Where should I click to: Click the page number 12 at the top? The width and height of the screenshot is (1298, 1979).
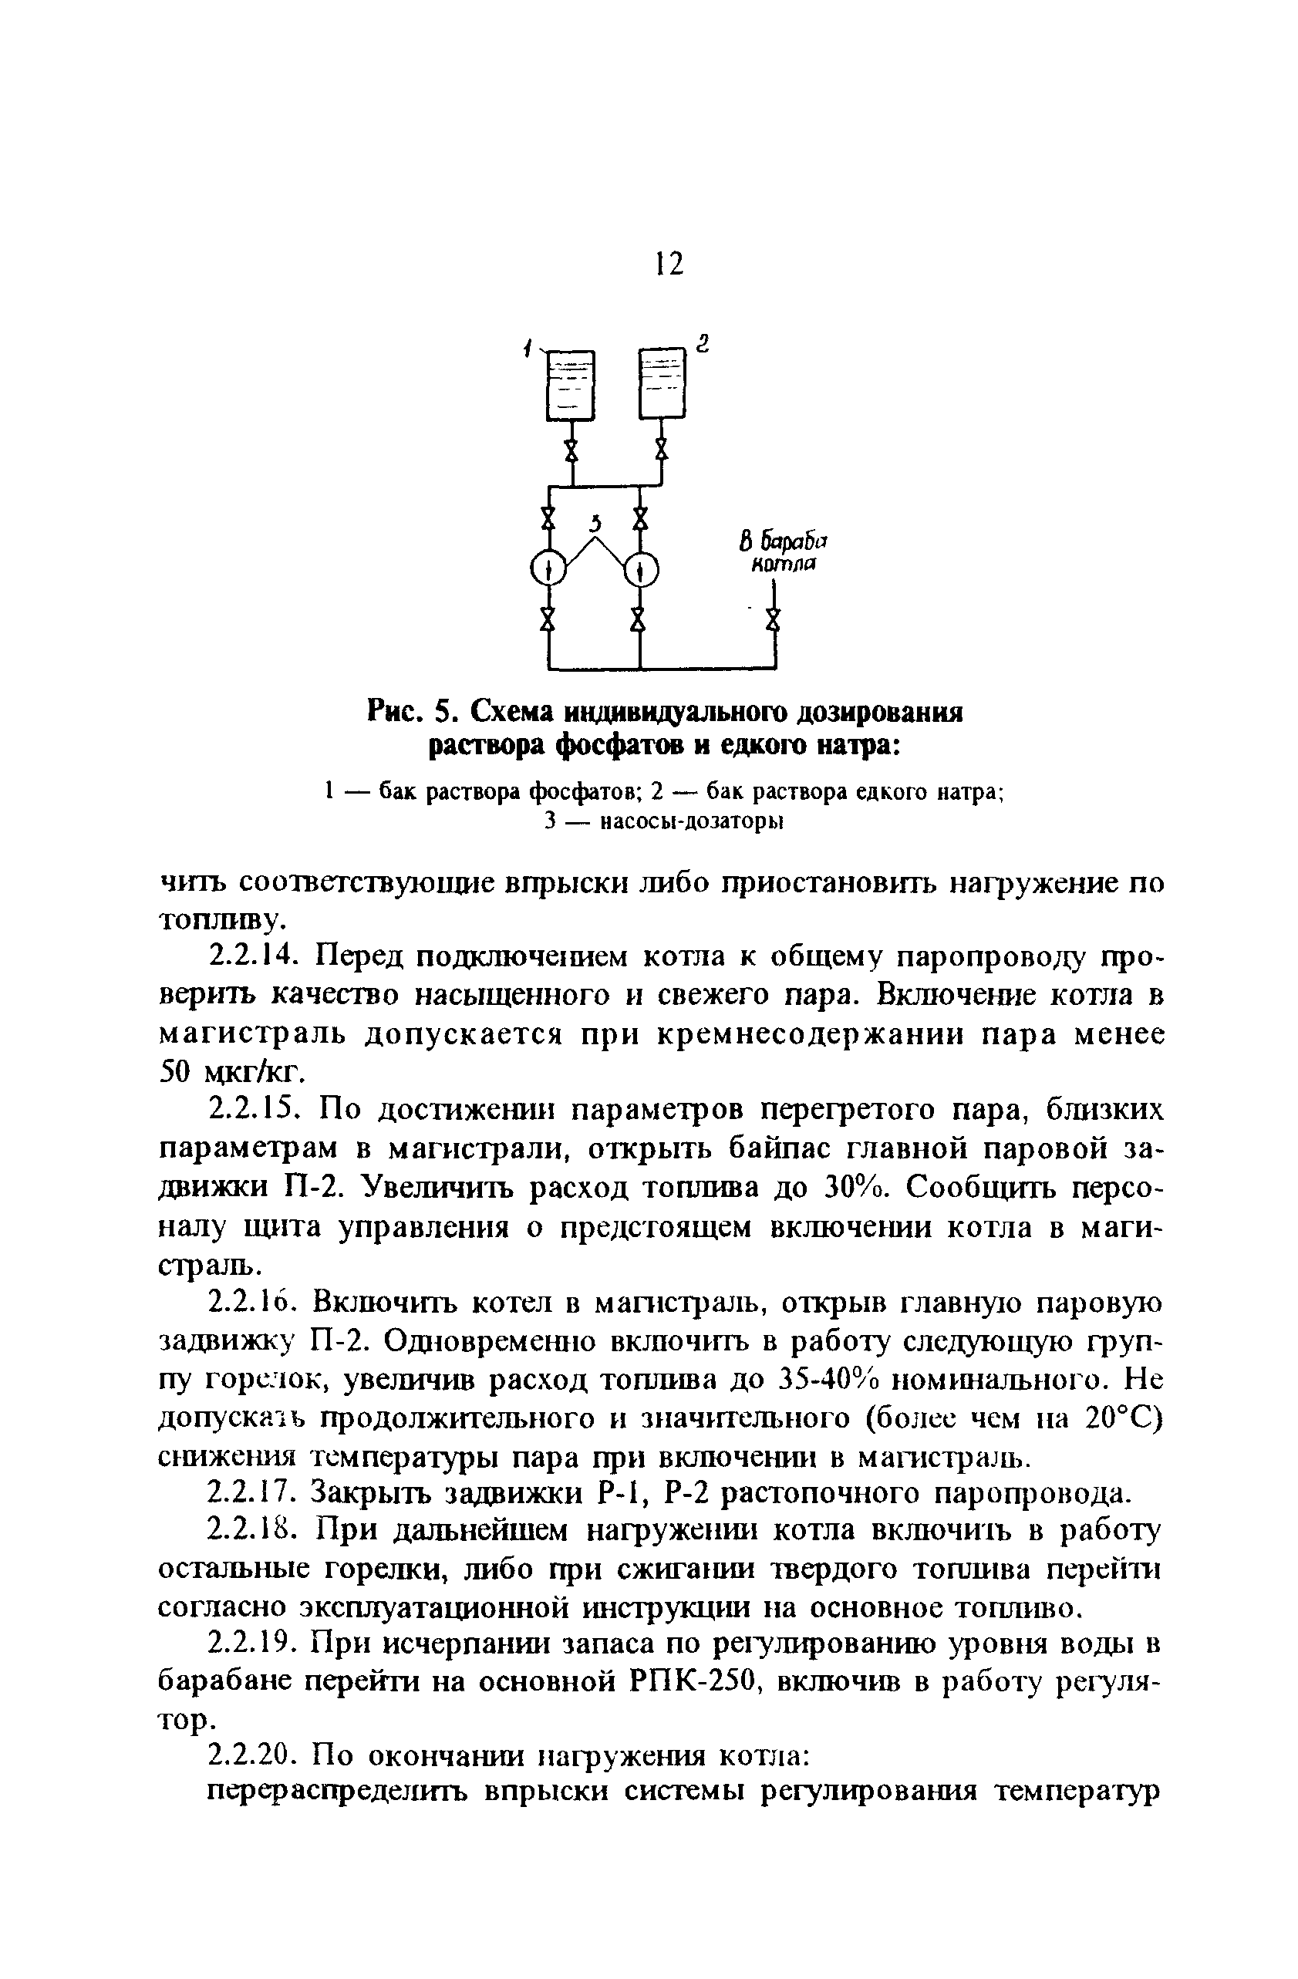(668, 264)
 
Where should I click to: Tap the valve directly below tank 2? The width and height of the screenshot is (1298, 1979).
(661, 450)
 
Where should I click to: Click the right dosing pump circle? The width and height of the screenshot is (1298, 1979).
(640, 570)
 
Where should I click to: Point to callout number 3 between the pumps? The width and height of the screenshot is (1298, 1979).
(595, 524)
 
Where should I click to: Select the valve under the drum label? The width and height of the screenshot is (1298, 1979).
(774, 619)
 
